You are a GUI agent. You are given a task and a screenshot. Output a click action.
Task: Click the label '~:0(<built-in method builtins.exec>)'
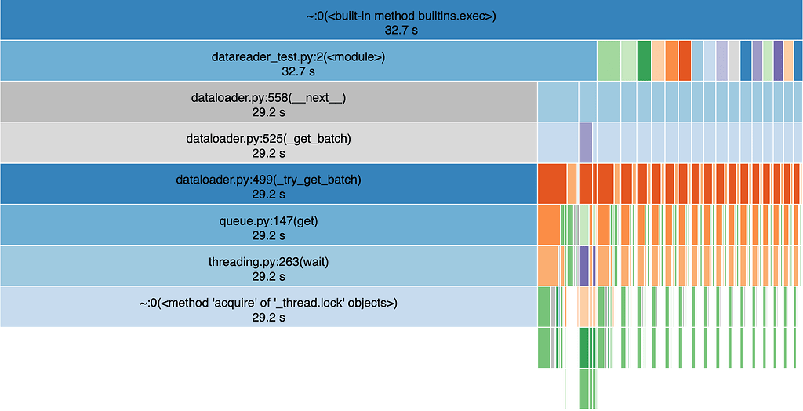point(401,16)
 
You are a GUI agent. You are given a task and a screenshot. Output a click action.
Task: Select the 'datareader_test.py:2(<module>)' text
point(297,57)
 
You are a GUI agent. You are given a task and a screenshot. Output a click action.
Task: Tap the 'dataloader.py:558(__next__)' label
point(268,98)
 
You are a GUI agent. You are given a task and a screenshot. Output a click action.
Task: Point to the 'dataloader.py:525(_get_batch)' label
point(268,139)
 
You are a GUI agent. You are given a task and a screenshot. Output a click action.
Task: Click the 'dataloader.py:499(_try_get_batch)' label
point(268,180)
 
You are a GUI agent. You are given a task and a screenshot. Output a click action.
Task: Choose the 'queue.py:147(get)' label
point(268,220)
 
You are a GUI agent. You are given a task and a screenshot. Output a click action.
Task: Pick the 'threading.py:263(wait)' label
point(268,261)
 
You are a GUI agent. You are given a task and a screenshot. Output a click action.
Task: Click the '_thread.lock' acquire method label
point(268,302)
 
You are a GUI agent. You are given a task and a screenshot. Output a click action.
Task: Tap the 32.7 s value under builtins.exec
point(401,31)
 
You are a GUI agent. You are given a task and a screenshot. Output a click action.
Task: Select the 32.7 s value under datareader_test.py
point(297,71)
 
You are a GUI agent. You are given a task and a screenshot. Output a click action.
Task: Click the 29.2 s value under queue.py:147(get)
point(268,235)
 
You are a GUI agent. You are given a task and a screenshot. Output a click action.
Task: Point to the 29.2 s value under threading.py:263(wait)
point(268,275)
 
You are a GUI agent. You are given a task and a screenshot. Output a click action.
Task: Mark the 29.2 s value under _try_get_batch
point(268,194)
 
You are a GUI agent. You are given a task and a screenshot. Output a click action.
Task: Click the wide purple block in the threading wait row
point(583,265)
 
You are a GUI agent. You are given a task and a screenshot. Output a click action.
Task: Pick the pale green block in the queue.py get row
point(583,224)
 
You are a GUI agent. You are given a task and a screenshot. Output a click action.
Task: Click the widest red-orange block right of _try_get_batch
point(551,184)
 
